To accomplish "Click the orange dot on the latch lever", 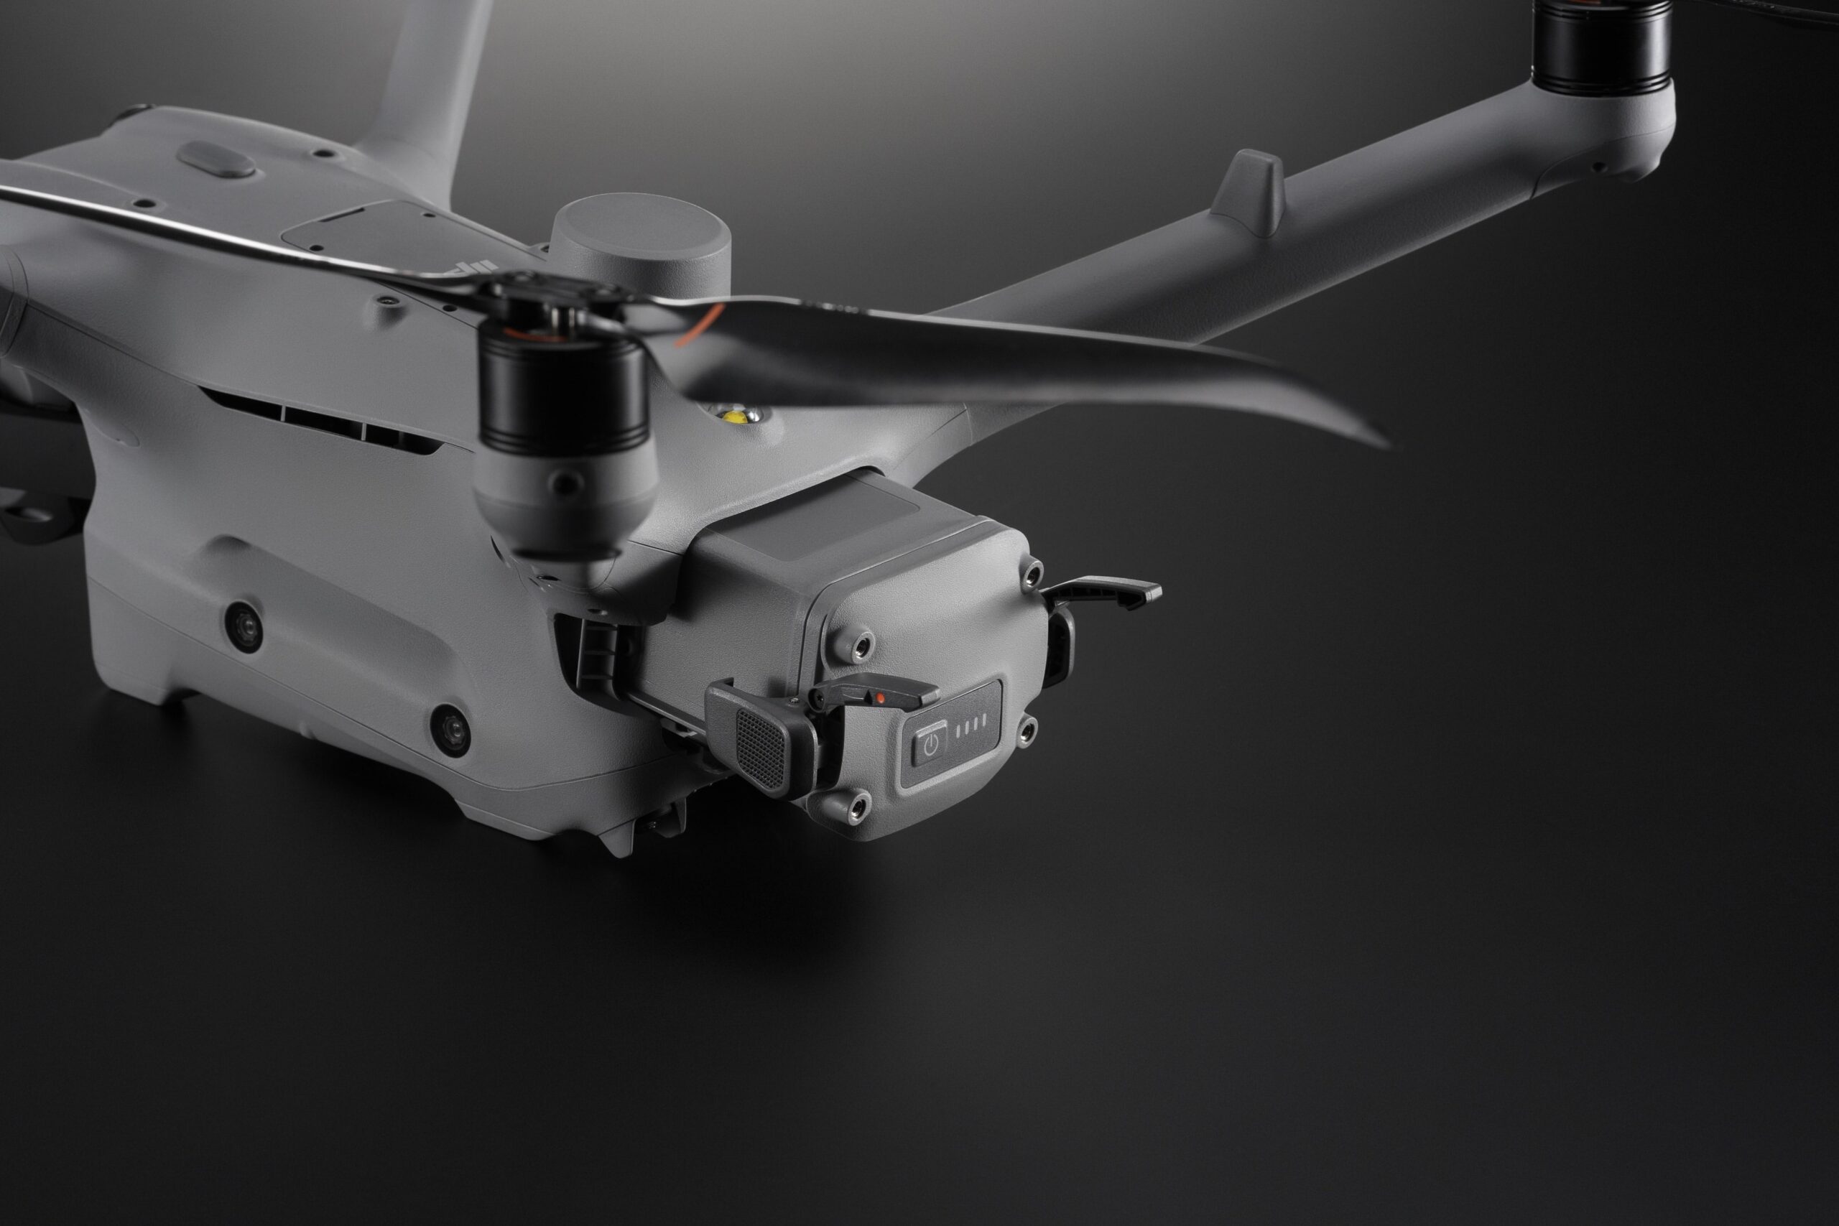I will (x=881, y=697).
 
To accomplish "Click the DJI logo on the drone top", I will (x=470, y=271).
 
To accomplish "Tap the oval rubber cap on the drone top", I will (x=216, y=160).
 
